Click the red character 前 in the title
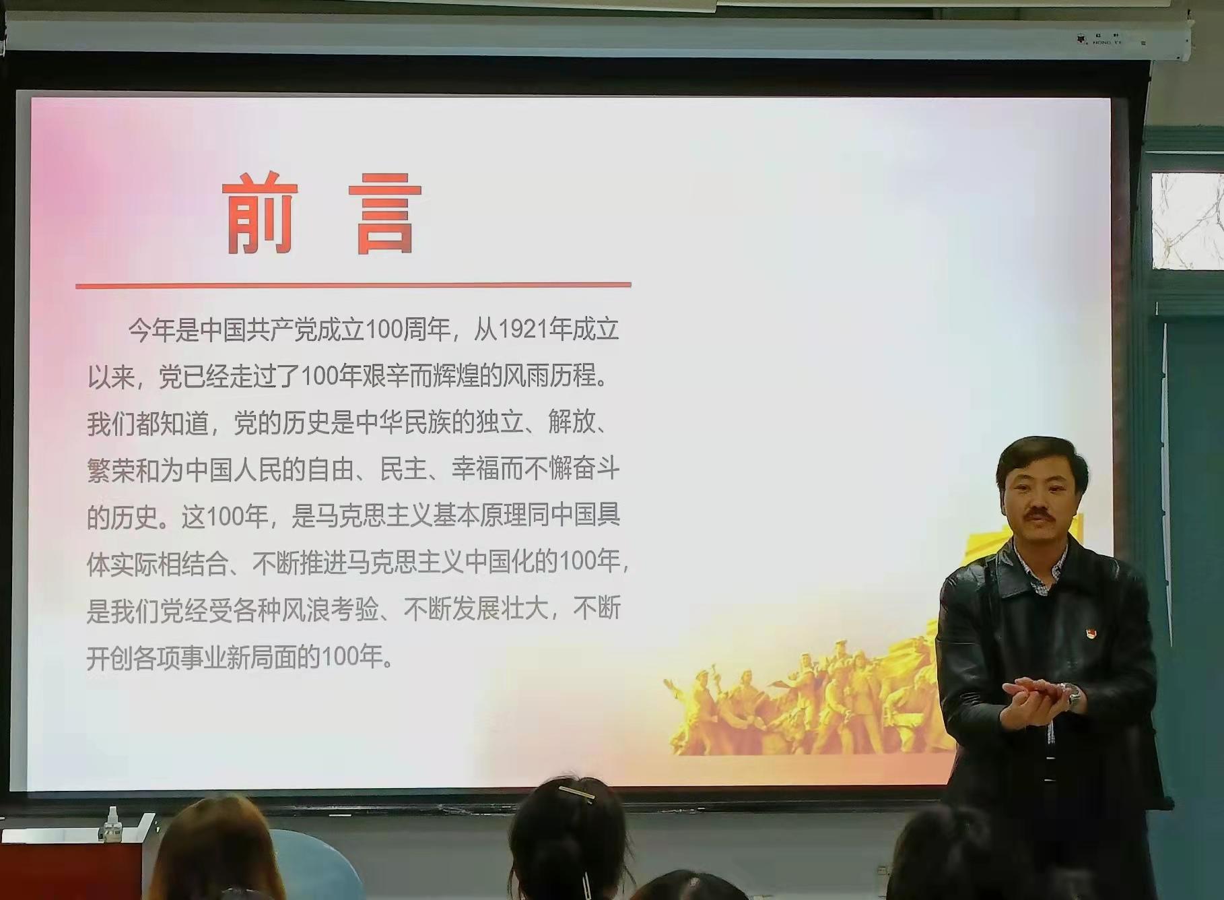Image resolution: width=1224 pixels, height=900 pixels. (260, 214)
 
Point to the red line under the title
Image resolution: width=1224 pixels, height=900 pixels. (353, 286)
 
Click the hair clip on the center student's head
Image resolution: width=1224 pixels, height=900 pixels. (577, 794)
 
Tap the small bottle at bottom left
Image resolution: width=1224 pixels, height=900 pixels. (110, 823)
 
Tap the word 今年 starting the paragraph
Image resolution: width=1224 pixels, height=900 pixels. (152, 330)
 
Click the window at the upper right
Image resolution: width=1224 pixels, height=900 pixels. (1187, 221)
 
